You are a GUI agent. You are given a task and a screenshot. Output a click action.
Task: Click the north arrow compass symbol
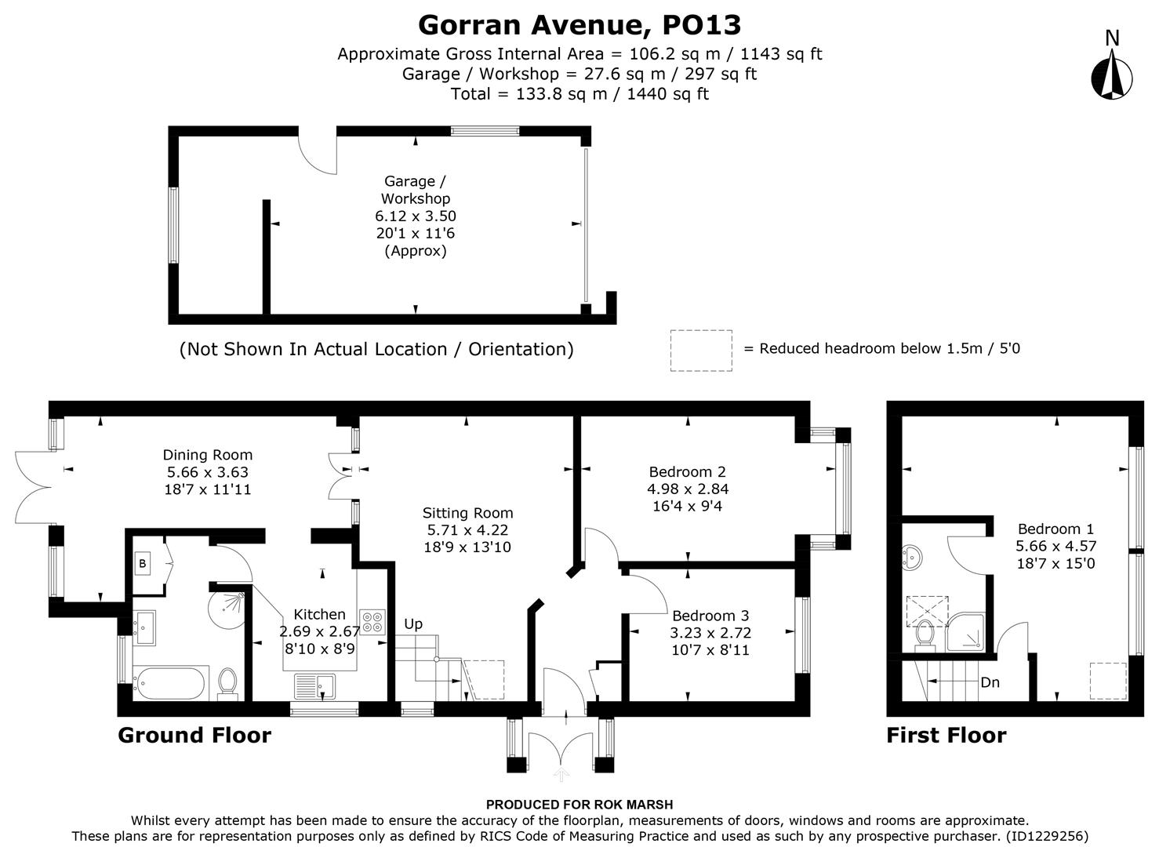click(1112, 75)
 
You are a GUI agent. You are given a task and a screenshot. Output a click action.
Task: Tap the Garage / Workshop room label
click(415, 190)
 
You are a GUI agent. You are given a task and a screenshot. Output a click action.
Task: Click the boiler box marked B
click(143, 563)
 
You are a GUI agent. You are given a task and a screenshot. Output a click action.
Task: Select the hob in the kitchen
click(372, 621)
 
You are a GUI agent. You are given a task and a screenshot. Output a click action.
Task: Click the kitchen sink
click(315, 685)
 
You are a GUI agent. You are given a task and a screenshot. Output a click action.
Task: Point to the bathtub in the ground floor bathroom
click(170, 682)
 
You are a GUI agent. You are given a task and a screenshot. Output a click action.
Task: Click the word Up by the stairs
click(413, 624)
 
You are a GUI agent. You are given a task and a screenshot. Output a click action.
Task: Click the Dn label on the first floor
click(990, 682)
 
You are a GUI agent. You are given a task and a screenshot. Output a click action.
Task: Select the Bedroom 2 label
click(687, 471)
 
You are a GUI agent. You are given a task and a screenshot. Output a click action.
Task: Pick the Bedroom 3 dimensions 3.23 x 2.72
click(710, 632)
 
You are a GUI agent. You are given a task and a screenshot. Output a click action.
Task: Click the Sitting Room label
click(467, 513)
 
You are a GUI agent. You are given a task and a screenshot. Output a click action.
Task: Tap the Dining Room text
click(208, 455)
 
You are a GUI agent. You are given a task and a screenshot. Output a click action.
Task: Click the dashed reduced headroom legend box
click(701, 350)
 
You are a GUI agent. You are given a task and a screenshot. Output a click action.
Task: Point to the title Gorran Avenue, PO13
click(579, 25)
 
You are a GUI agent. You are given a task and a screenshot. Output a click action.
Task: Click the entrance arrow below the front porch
click(561, 775)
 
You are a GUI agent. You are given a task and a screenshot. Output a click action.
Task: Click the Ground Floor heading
click(194, 736)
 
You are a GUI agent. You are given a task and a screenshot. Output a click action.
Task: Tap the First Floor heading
click(946, 736)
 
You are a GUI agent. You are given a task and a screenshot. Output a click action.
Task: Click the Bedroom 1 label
click(1055, 529)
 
